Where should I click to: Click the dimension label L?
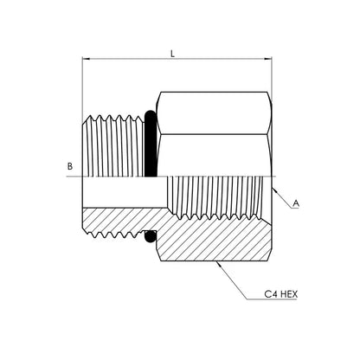[173, 54]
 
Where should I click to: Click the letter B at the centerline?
[70, 166]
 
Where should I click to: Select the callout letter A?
[296, 203]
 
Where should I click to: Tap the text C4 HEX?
[280, 294]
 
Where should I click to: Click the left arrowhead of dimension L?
[87, 59]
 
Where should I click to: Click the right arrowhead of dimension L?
[268, 59]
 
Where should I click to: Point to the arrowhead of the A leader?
[274, 190]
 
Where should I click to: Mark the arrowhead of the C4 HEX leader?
[219, 265]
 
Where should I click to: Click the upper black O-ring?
[151, 144]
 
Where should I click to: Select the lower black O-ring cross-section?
[150, 236]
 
